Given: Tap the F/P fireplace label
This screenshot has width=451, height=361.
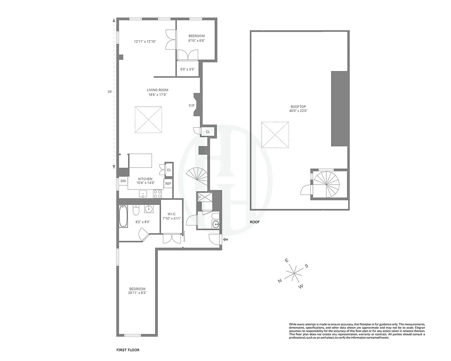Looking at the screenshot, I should [191, 106].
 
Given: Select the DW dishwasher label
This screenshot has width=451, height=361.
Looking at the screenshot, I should [123, 181].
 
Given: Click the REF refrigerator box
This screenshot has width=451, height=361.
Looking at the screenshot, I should [168, 183].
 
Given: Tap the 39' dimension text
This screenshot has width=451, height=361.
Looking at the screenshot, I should [109, 92].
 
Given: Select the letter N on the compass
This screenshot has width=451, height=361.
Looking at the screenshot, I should [280, 281].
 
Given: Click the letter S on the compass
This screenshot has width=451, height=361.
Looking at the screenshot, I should [306, 266].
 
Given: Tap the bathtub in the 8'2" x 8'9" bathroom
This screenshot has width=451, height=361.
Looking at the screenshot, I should [123, 217].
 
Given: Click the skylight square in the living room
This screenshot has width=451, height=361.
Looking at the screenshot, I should [148, 120].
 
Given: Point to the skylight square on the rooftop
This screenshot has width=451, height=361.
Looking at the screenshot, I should [275, 134].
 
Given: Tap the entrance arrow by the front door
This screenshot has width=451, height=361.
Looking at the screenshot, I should [226, 239].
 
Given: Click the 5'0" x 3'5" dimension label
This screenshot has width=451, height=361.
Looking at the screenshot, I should [187, 69].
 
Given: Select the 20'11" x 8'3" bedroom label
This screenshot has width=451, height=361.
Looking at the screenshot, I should [138, 291].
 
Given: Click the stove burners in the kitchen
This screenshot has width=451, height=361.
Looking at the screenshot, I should [158, 194].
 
